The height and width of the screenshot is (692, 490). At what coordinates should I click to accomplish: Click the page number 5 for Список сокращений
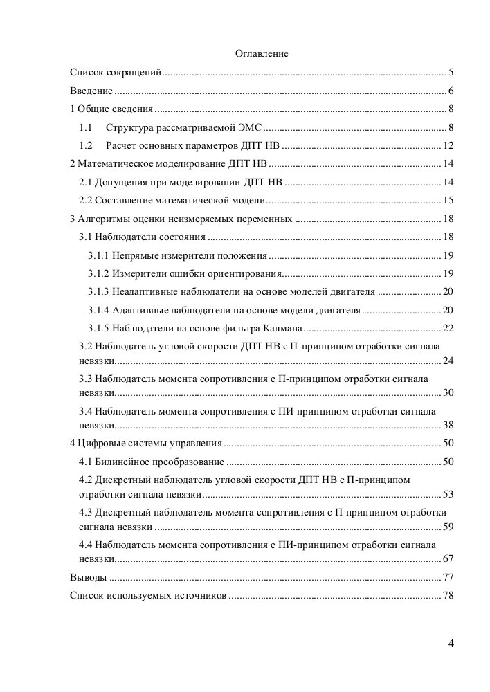451,72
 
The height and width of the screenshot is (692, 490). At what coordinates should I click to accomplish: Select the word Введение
91,91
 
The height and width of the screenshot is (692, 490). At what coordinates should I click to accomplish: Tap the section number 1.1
86,127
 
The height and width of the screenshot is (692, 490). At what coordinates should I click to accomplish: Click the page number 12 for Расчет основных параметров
448,145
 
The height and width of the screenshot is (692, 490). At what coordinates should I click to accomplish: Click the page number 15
448,200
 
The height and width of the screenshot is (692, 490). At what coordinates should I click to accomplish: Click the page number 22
448,327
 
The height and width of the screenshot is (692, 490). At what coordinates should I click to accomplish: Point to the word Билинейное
125,462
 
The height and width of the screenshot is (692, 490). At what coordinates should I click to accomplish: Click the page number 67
448,558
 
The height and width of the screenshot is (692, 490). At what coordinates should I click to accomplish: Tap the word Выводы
89,577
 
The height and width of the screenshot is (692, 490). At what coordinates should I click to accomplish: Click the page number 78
448,595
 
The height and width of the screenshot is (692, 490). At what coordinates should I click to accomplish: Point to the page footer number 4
451,644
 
